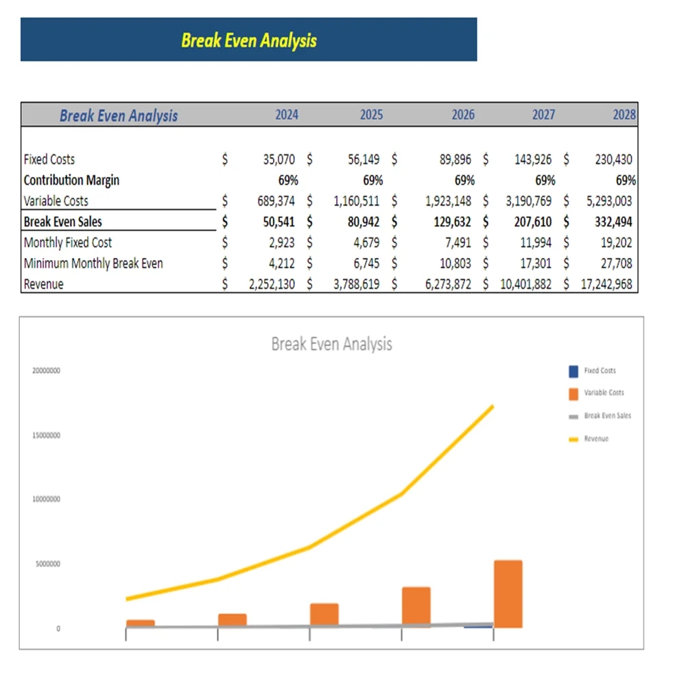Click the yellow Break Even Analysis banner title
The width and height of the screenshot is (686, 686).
249,40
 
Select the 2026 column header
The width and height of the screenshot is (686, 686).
463,115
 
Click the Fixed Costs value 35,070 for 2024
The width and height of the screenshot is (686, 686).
279,159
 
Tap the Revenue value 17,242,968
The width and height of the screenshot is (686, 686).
606,284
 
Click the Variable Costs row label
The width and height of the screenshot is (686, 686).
56,201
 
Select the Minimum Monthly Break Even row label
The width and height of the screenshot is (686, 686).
93,263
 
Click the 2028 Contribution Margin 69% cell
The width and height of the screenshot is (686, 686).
626,180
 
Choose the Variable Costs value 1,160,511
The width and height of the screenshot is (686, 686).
356,201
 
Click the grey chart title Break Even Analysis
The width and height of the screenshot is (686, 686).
331,344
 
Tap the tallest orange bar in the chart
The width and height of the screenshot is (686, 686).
508,593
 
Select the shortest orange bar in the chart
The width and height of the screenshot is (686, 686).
141,623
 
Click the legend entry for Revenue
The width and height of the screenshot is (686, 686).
596,438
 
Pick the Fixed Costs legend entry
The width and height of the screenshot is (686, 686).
600,371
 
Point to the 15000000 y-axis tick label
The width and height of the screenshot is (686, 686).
47,436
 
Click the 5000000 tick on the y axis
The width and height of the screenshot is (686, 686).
48,564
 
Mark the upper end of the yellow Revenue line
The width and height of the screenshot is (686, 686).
492,407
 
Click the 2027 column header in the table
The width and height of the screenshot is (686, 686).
543,115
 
